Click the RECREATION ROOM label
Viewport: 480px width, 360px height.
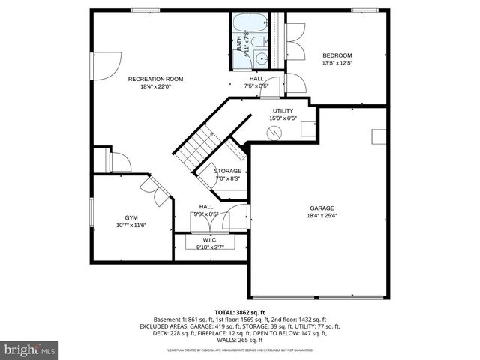pos(155,79)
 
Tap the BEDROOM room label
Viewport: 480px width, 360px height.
pos(337,55)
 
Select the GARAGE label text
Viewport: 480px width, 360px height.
pos(322,208)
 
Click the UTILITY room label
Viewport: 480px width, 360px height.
pos(283,110)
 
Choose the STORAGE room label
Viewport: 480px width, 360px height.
pos(227,171)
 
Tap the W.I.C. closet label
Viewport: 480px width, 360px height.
pos(210,240)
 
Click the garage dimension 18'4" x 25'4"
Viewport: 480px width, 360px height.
pos(322,217)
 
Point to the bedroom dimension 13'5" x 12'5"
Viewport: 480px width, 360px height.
pos(337,64)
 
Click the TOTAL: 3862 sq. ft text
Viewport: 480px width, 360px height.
pos(240,311)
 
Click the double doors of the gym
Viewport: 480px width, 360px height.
pos(157,192)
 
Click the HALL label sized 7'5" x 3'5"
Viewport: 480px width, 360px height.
pos(256,78)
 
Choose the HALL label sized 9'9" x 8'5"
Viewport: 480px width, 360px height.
pos(205,206)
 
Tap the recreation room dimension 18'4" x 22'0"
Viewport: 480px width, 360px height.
pos(155,87)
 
